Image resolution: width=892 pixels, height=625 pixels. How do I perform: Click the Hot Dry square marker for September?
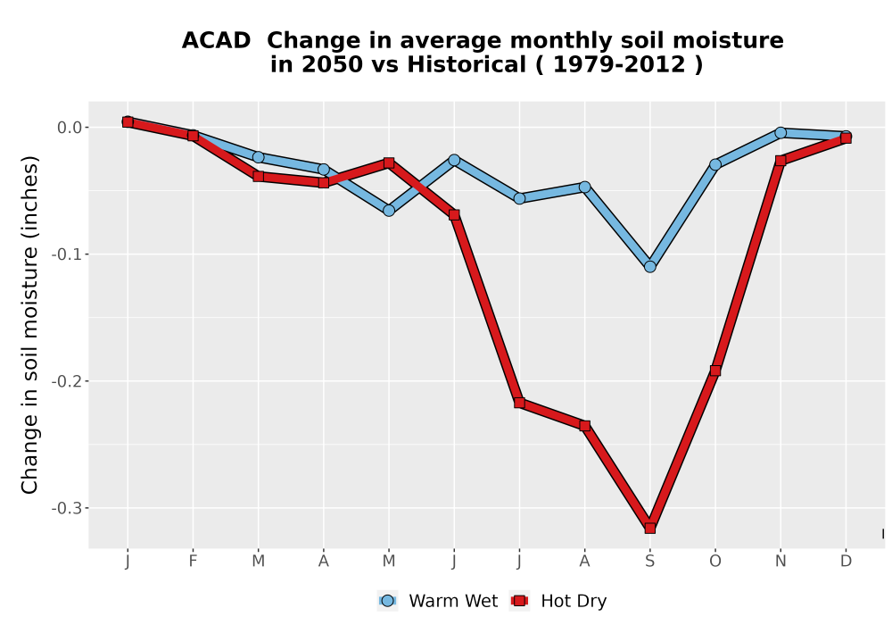pos(649,529)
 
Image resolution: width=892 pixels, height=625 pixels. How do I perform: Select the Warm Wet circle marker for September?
pos(649,266)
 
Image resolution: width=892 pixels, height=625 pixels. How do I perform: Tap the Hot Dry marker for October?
pos(715,371)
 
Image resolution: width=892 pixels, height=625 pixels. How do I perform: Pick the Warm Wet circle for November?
pos(780,133)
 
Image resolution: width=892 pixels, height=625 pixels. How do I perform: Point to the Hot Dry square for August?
pos(585,425)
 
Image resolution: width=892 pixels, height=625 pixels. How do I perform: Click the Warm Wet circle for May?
pos(389,211)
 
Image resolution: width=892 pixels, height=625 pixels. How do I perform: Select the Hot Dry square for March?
pos(259,177)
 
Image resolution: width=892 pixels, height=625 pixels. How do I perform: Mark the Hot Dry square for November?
pos(780,161)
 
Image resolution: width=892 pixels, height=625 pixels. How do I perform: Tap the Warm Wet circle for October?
pos(715,164)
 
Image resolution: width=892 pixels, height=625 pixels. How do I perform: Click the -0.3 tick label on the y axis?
pos(66,508)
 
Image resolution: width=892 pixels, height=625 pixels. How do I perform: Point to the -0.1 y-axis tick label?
pos(66,254)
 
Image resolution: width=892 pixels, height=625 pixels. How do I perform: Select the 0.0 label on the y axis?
pos(70,127)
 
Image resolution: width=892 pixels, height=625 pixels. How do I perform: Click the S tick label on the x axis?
pos(649,562)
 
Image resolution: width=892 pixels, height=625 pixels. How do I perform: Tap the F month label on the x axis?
pos(193,562)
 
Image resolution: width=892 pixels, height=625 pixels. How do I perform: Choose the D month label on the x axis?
pos(846,562)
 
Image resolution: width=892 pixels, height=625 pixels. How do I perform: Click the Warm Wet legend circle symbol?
pos(387,601)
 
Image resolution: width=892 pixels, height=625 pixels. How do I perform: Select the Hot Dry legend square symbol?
pos(519,601)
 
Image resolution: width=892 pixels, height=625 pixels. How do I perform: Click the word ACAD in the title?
pos(216,40)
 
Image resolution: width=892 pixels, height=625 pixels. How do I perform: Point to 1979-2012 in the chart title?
pos(619,64)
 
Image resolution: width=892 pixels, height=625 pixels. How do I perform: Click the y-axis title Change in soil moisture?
pos(29,325)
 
